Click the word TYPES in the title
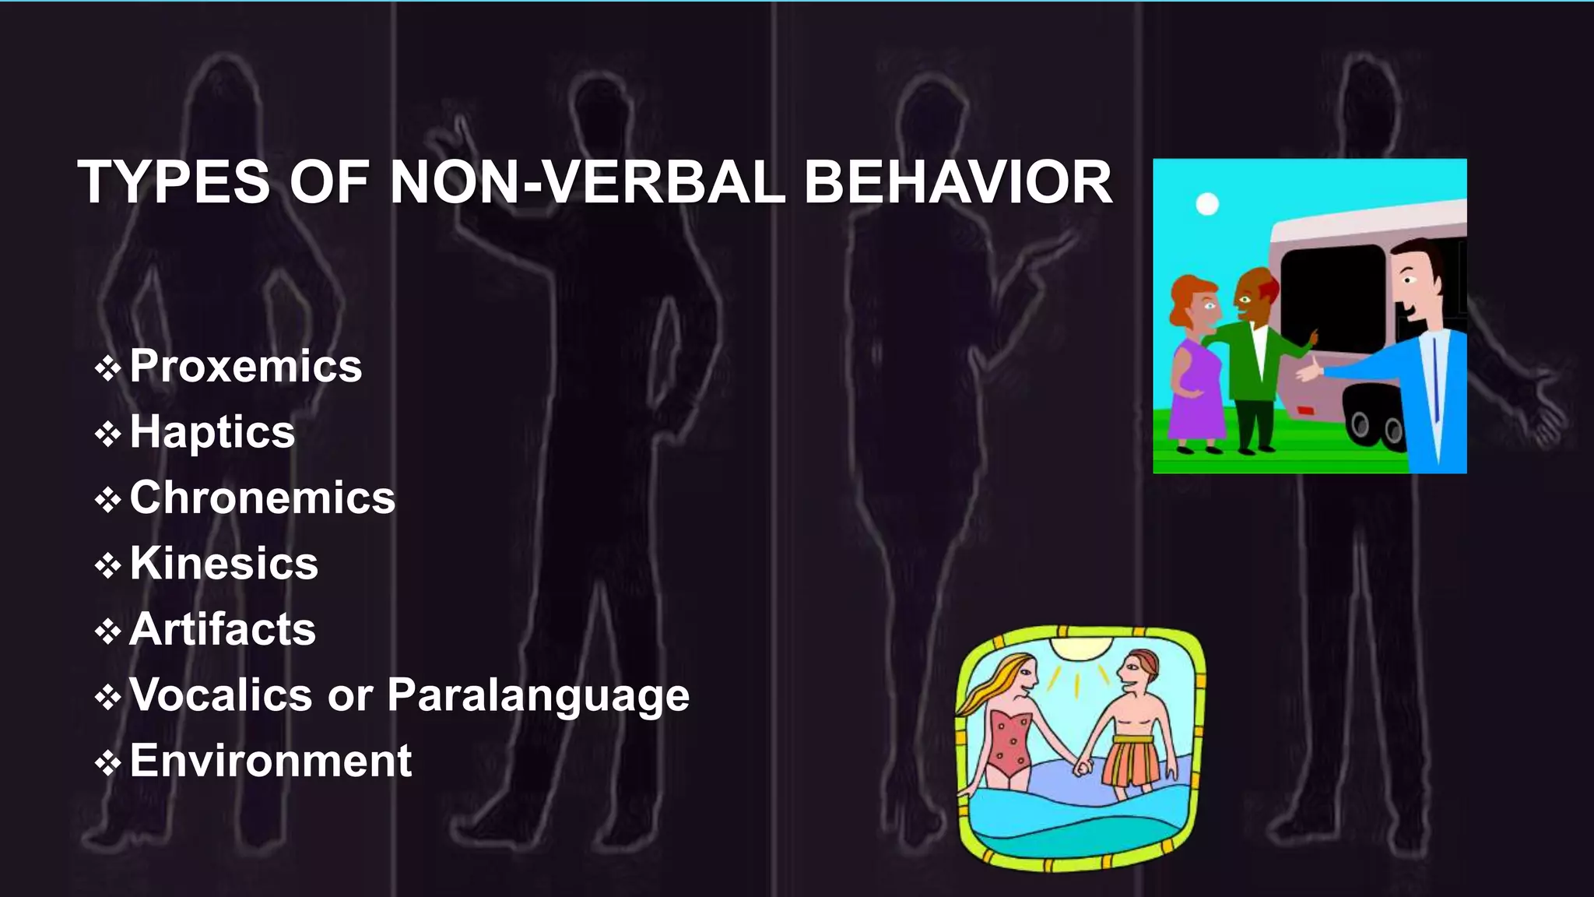coord(173,183)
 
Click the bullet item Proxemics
coord(245,366)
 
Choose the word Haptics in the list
coord(212,432)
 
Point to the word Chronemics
coord(262,498)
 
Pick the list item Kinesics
coord(224,563)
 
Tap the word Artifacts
coord(223,629)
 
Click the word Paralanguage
coord(538,695)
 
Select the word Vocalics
coord(220,695)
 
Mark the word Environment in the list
coord(270,761)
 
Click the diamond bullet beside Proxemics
coord(107,368)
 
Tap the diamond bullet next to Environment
coord(107,762)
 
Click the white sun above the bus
coord(1207,204)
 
